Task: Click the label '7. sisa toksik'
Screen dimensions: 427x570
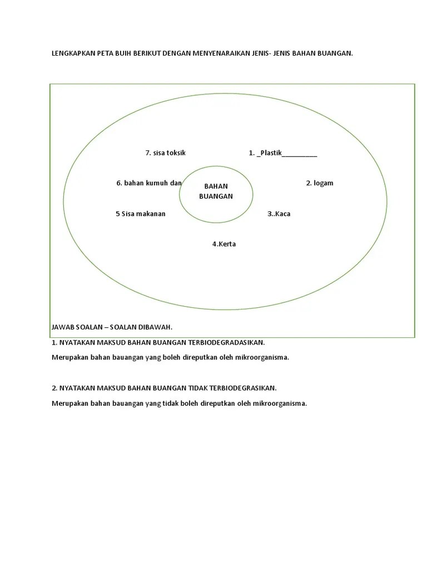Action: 165,153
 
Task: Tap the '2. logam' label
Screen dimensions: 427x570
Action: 320,183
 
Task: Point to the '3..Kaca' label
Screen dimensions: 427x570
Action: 279,214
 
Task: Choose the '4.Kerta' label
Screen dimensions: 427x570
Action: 224,244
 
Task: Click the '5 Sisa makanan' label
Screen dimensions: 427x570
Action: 141,214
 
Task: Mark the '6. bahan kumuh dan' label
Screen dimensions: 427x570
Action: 149,183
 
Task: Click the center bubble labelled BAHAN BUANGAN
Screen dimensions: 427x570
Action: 216,191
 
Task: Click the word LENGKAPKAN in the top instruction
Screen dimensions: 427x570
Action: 72,53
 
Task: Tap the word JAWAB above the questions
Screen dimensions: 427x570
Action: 61,327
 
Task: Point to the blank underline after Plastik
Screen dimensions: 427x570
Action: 300,154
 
